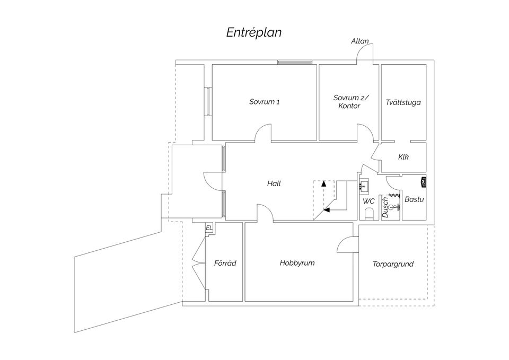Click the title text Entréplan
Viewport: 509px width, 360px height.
(x=254, y=32)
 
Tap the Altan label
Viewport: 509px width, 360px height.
(x=359, y=41)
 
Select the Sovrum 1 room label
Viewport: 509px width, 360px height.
(x=264, y=102)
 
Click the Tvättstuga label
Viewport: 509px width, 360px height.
(x=403, y=102)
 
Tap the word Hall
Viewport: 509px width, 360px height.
(x=274, y=184)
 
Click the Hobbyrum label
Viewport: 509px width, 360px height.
(x=297, y=263)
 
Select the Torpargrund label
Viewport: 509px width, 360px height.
(x=393, y=264)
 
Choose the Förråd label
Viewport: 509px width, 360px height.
(x=225, y=263)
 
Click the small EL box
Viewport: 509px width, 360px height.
(x=209, y=228)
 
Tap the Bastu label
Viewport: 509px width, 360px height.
(x=414, y=200)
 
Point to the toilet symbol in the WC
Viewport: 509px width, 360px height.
(x=368, y=214)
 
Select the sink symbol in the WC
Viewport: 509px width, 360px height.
(x=364, y=186)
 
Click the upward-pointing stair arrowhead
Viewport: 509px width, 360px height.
(x=324, y=183)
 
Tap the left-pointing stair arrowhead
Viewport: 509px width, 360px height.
(x=327, y=210)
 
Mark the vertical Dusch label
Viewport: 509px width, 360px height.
(x=385, y=207)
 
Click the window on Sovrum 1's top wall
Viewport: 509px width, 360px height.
(x=295, y=63)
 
